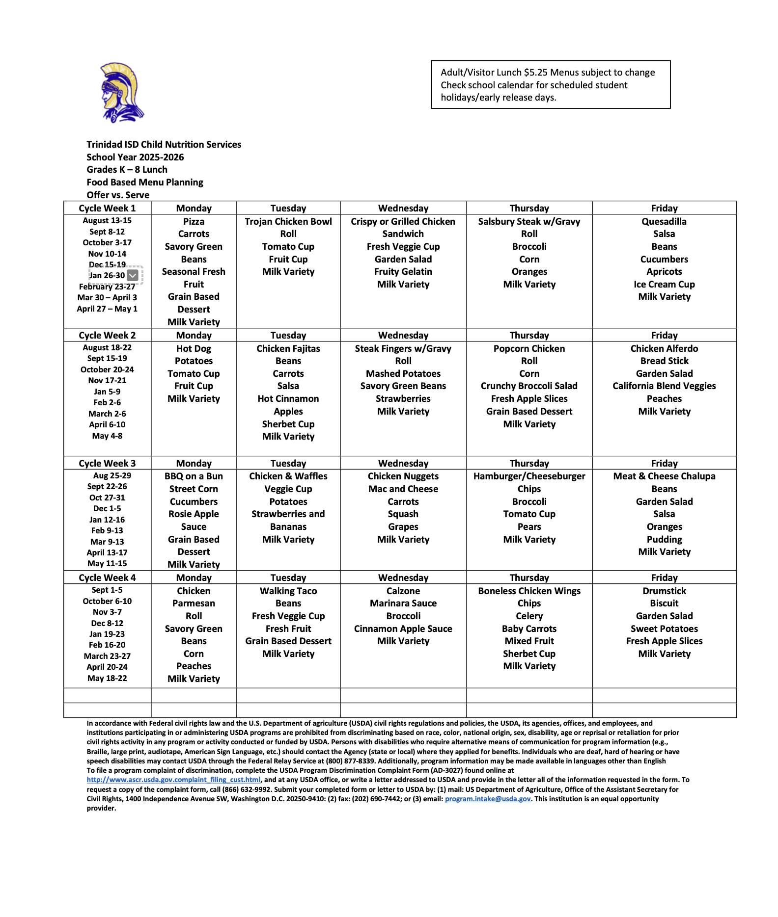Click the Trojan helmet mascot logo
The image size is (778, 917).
coord(121,92)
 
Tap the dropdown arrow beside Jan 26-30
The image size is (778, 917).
coord(132,276)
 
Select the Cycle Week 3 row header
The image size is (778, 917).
coord(107,463)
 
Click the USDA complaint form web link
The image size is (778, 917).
coord(173,780)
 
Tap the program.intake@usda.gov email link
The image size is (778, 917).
coord(487,799)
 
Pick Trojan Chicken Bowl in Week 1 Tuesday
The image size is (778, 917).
coord(288,222)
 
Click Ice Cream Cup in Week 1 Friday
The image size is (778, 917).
coord(664,285)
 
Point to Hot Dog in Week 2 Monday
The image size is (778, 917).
coord(194,349)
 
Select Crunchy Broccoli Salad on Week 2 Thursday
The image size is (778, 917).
coord(529,386)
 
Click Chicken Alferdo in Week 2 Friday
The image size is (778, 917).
coord(664,349)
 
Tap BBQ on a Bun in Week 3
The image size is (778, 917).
coord(194,476)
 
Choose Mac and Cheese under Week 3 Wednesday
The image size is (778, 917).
coord(403,489)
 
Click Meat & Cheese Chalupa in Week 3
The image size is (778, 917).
coord(664,476)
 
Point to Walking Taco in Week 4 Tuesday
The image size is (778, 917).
coord(288,591)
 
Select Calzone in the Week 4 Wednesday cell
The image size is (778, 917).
coord(403,591)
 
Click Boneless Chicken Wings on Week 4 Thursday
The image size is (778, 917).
coord(529,591)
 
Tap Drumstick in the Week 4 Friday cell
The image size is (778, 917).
coord(664,591)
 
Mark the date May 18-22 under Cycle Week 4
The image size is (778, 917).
coord(107,679)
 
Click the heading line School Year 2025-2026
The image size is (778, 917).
coord(135,157)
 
